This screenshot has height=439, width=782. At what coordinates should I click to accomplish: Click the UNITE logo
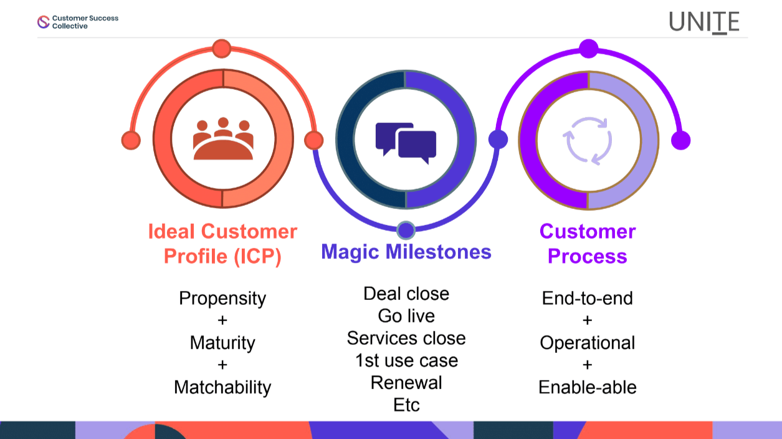point(704,22)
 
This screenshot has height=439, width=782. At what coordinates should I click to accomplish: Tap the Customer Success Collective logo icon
point(43,22)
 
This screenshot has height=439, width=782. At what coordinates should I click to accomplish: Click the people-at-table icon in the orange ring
point(223,138)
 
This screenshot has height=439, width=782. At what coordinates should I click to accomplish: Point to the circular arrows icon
point(588,140)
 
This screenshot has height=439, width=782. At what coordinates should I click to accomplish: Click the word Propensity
point(222,298)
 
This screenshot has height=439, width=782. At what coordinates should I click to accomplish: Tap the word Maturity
point(222,342)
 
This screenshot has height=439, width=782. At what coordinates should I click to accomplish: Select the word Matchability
point(222,387)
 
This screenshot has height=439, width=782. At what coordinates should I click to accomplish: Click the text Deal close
point(406,293)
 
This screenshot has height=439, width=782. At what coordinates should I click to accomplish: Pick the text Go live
point(406,316)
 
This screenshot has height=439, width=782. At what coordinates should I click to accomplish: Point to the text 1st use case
point(406,360)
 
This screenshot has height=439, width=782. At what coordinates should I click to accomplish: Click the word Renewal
point(406,382)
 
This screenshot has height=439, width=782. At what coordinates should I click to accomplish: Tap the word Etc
point(406,405)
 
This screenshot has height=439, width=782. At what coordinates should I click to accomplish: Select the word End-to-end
point(588,298)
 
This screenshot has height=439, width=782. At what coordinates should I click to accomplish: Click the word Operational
point(588,342)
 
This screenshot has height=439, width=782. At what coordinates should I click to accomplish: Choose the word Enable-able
point(588,387)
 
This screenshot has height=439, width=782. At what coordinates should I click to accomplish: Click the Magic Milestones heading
point(406,252)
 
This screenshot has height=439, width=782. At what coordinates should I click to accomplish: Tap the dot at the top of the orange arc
point(221,49)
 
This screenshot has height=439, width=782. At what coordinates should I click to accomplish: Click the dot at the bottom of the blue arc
point(406,230)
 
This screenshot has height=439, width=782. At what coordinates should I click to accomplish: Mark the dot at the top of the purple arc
point(588,49)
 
